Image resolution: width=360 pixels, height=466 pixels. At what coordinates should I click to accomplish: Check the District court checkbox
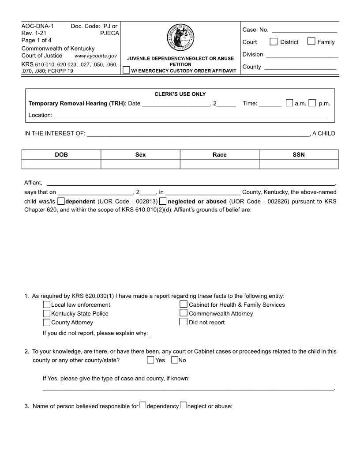click(x=274, y=42)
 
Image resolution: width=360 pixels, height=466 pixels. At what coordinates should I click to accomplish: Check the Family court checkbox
click(x=311, y=42)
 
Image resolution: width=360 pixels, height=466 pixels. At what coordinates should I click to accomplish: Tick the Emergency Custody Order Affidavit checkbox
click(x=127, y=70)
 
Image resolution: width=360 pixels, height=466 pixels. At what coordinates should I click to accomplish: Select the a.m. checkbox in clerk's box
click(x=289, y=104)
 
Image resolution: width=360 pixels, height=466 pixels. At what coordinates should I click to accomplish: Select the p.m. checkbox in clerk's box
click(x=312, y=104)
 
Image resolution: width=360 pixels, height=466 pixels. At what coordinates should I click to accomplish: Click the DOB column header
click(x=61, y=154)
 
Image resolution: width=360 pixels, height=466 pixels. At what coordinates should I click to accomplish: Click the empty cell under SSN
click(x=299, y=164)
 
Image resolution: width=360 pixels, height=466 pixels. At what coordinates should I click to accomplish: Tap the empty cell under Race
click(x=219, y=164)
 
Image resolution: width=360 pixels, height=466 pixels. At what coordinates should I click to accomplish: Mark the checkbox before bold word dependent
click(x=61, y=202)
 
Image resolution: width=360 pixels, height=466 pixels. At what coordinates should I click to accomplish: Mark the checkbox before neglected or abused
click(x=163, y=202)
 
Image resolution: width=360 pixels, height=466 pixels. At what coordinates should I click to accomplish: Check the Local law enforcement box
click(x=47, y=304)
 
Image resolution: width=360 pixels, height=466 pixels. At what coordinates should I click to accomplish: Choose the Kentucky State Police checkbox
click(x=47, y=313)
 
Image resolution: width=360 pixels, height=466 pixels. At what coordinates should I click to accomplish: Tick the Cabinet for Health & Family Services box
click(x=184, y=304)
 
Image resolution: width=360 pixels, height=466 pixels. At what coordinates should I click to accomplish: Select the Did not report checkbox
click(x=184, y=322)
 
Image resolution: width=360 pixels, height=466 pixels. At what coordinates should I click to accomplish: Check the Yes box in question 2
click(x=151, y=360)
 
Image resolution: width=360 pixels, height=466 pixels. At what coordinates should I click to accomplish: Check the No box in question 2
click(x=175, y=360)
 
